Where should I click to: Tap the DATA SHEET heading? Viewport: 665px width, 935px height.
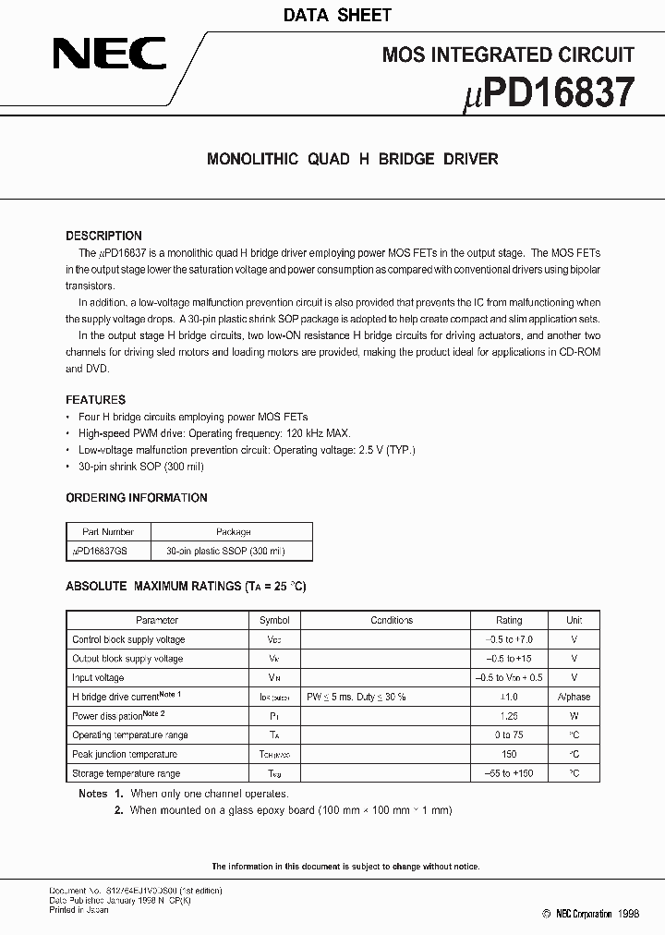pos(336,15)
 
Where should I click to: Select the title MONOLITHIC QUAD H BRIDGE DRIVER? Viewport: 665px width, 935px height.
pos(352,159)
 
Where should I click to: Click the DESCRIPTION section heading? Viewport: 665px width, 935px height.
pos(103,236)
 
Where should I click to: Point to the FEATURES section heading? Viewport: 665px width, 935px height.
pos(95,400)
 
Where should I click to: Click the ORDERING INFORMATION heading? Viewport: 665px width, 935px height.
pos(136,498)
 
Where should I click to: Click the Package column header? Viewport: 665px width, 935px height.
pos(233,532)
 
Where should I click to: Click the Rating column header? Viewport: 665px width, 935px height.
pos(509,620)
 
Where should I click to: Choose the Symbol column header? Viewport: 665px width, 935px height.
pos(274,620)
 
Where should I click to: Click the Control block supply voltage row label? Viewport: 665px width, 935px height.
pos(128,639)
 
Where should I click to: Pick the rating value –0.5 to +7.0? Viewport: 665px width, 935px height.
pos(509,639)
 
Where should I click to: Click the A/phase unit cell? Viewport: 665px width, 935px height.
pos(574,697)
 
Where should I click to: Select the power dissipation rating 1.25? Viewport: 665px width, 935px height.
pos(509,716)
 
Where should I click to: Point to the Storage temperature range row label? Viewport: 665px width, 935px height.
pos(126,773)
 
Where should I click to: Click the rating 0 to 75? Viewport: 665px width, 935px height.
pos(509,735)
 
